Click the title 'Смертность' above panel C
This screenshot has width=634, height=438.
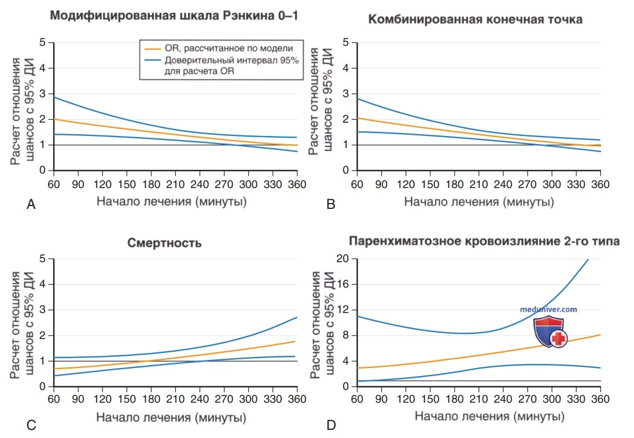coord(164,243)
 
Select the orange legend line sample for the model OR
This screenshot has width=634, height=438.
coord(153,49)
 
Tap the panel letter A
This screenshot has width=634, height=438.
coord(31,205)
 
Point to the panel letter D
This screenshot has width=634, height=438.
coord(331,425)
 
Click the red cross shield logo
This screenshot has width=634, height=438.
coord(550,332)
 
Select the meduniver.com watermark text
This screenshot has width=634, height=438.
coord(548,310)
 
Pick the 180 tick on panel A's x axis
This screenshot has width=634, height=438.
coord(151,185)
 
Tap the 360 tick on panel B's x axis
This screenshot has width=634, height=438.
coord(600,185)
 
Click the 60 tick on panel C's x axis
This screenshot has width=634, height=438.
coord(54,399)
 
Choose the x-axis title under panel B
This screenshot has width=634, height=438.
coord(479,201)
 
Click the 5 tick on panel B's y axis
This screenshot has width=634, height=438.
coord(345,42)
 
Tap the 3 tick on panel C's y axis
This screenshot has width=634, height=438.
coord(42,310)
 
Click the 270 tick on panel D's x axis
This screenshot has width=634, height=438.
coord(527,399)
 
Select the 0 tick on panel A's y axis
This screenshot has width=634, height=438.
coord(42,170)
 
